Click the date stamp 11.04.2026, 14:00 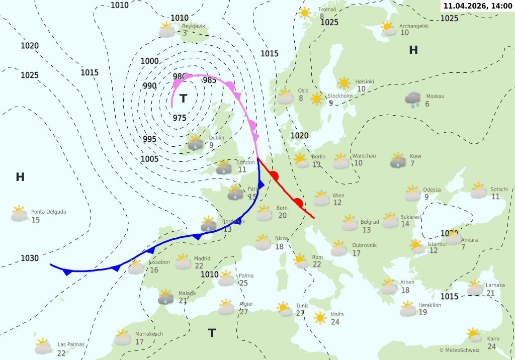coord(477,6)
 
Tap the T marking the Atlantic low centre coord(183,99)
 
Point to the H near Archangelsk coord(413,50)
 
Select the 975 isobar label coord(180,118)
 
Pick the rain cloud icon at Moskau coord(414,100)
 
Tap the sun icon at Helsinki coord(344,83)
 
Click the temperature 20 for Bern coord(282,215)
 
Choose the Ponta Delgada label coord(49,212)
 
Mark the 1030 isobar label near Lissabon coord(30,258)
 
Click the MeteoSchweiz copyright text coord(459,350)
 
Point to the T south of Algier coord(212,333)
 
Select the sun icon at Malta coord(320,318)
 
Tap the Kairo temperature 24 coord(491,346)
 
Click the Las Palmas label coord(71,344)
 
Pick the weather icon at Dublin coord(195,142)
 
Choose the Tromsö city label coord(327,10)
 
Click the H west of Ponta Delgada coord(20,177)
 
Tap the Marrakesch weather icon coord(122,337)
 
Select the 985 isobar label coord(209,80)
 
